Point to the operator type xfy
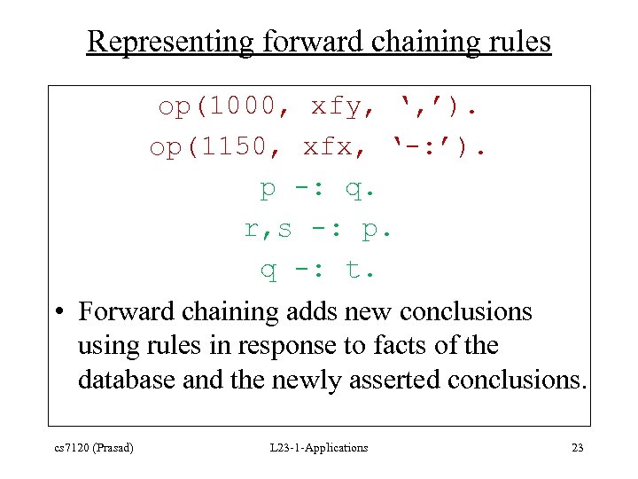click(x=337, y=107)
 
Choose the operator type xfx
click(x=329, y=147)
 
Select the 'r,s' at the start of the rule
click(x=268, y=229)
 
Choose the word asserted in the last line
click(x=399, y=380)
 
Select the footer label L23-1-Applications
click(x=318, y=448)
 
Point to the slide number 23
click(x=577, y=448)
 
